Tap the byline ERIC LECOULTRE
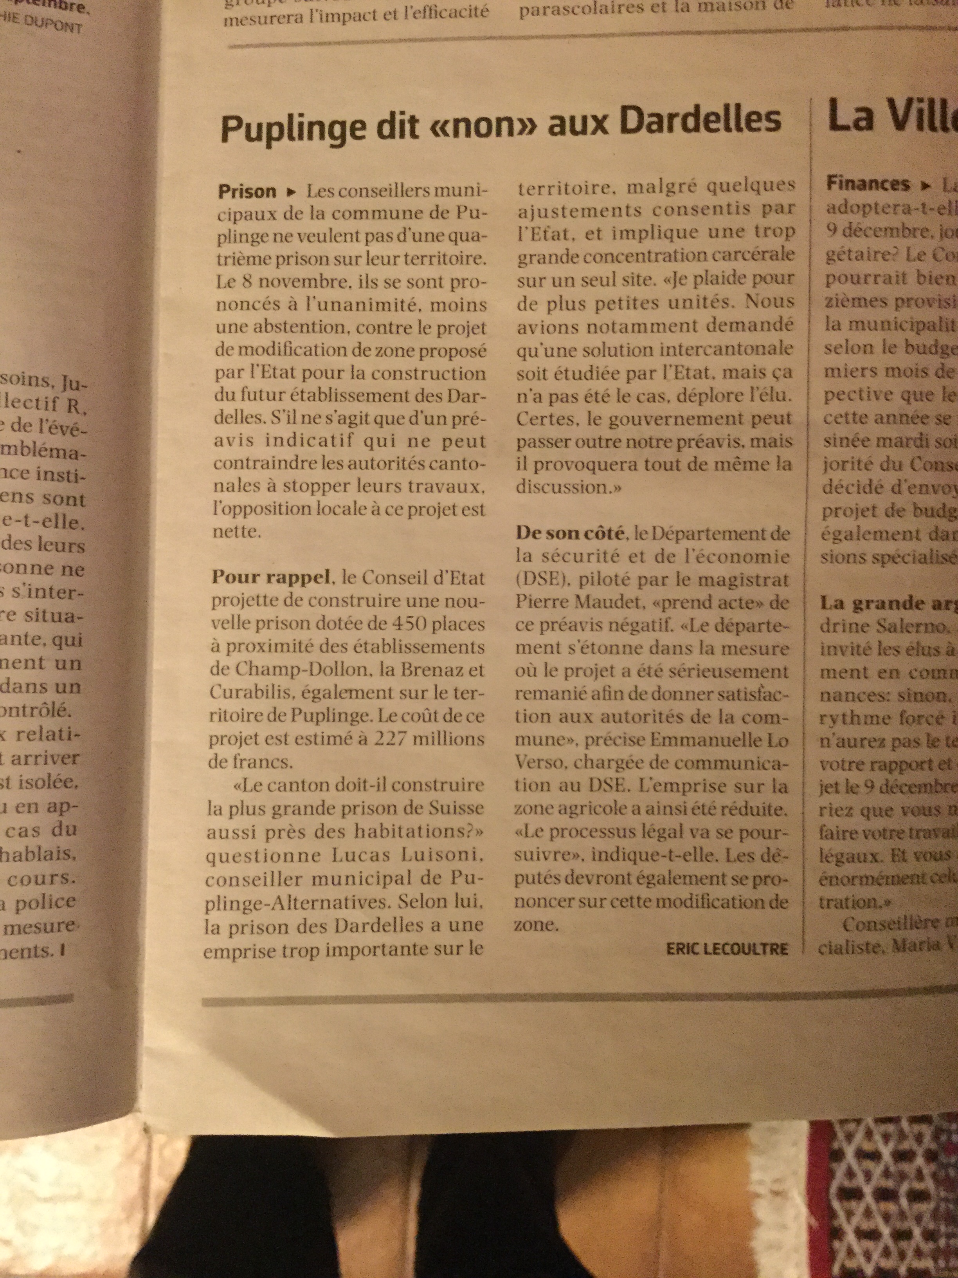(726, 949)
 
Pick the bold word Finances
(867, 184)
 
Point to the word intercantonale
(711, 350)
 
